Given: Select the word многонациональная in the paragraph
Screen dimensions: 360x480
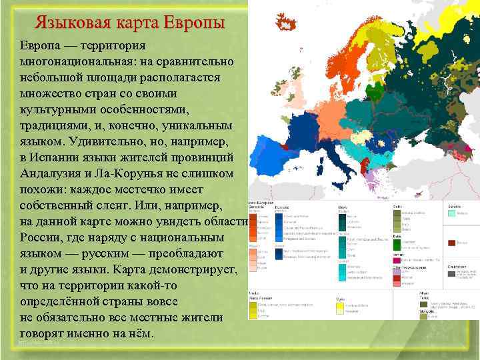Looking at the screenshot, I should click(79, 61).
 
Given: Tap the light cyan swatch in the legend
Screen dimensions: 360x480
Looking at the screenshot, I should click(452, 213).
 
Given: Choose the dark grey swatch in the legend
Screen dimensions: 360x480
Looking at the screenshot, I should click(451, 273).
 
